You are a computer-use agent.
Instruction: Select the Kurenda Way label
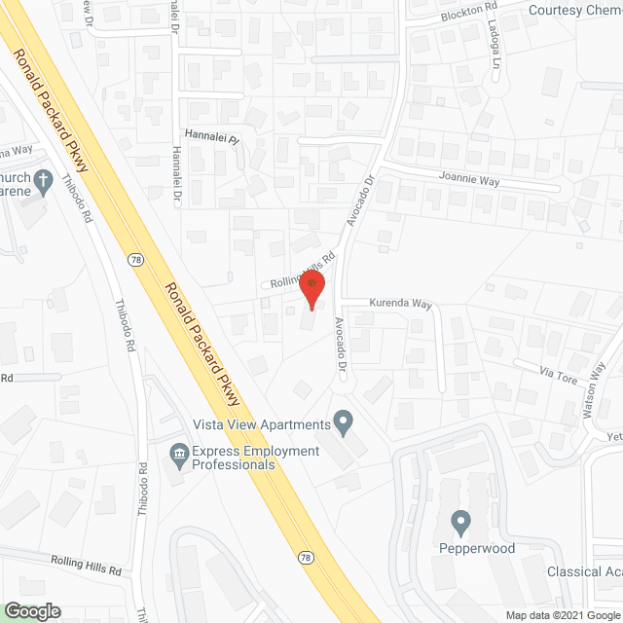400,304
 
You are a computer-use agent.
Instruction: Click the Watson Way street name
595,390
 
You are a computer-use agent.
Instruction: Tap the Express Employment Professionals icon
179,452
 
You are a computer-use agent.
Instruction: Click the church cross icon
42,180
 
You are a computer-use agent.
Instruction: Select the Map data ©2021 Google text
560,615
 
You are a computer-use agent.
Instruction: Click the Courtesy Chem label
575,11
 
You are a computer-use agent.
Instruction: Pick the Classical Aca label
584,571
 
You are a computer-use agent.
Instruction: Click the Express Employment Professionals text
255,458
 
